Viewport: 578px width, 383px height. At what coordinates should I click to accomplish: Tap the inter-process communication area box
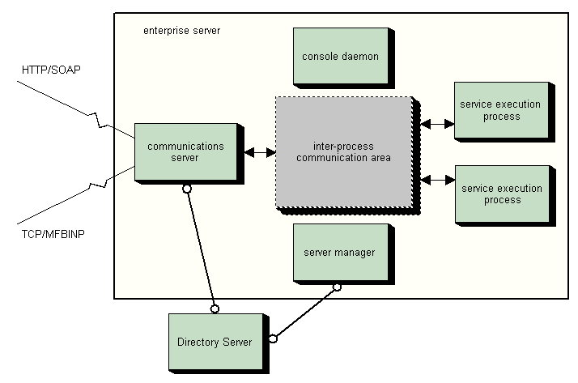coord(343,152)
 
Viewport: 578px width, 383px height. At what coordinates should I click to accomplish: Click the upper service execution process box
coord(500,111)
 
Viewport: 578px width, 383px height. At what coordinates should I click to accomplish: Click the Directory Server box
coord(214,343)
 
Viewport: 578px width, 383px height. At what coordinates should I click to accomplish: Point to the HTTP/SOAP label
coord(51,71)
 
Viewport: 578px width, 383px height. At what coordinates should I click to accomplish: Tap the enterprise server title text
coord(181,31)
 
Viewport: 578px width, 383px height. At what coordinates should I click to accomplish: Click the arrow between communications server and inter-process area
coord(259,151)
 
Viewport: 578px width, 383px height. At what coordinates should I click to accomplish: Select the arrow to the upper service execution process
coord(436,125)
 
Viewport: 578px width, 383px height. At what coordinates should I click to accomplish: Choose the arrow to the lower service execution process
coord(436,179)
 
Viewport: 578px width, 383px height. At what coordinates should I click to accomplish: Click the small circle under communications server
coord(187,189)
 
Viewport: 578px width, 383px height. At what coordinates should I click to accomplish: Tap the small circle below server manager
coord(337,287)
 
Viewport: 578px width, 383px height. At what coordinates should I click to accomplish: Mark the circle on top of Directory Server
coord(215,308)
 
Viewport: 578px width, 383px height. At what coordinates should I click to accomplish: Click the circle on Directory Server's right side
coord(273,338)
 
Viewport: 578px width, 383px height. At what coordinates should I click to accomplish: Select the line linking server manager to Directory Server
coord(305,313)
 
